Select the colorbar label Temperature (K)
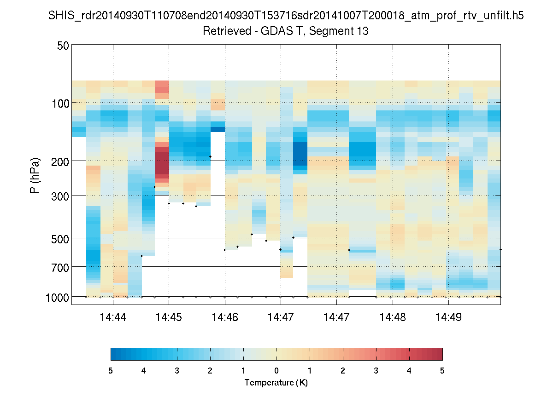276,383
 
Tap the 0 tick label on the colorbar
276,371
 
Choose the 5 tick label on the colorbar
442,371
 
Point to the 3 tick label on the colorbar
376,371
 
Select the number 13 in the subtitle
362,32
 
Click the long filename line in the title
286,16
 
